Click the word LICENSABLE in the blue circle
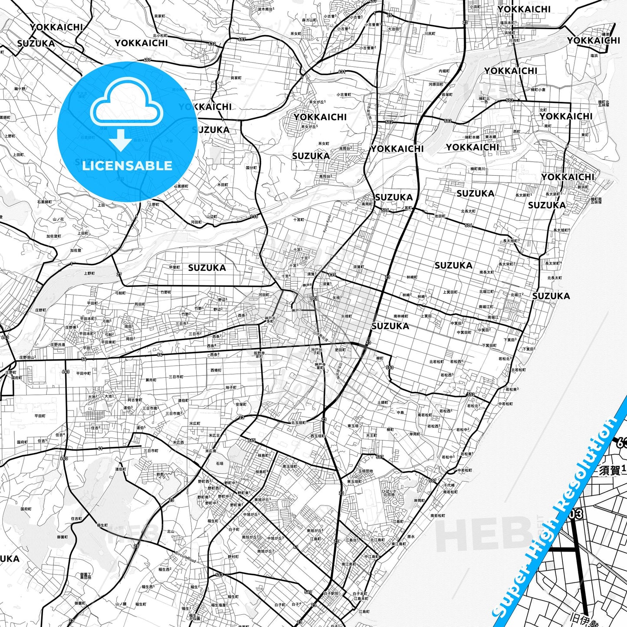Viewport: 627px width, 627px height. point(127,166)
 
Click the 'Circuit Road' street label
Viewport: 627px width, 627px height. point(186,558)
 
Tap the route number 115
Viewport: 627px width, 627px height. point(254,216)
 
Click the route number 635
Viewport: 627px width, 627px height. point(332,275)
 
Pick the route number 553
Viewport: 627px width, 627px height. point(389,368)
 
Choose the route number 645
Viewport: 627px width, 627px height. point(252,440)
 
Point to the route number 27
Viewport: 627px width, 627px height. point(119,274)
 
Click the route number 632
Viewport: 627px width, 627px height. point(212,44)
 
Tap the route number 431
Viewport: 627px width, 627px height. point(341,72)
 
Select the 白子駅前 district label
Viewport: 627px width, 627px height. point(331,593)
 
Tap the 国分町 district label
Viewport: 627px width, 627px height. point(251,167)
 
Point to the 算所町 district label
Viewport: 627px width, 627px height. point(151,380)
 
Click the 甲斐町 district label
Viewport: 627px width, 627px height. point(174,267)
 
